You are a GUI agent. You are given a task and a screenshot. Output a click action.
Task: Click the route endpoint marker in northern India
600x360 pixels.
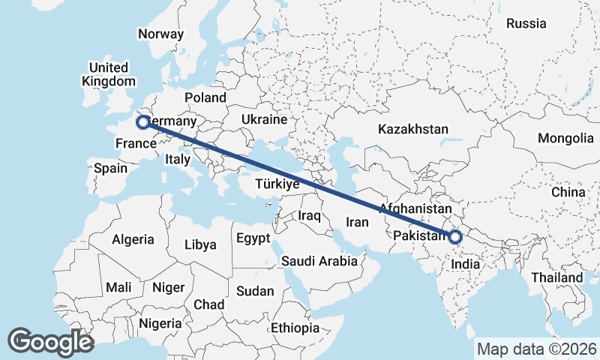coord(454,237)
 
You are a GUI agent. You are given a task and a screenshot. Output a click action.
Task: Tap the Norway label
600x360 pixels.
coord(160,34)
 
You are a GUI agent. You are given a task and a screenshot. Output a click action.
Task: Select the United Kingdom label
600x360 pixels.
coord(109,74)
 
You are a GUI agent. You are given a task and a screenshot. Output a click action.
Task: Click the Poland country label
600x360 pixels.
coord(205,97)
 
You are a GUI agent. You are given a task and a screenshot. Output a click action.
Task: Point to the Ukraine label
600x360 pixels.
coord(264,119)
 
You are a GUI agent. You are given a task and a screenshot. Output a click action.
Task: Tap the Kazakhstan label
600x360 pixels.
coord(412,129)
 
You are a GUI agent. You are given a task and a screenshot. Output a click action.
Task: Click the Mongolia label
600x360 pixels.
coord(565,138)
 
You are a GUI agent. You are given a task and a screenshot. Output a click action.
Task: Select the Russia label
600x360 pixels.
coord(526,23)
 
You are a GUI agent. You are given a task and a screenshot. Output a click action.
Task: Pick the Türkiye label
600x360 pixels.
coord(277,184)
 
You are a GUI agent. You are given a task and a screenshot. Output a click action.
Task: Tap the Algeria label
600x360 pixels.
coord(133,240)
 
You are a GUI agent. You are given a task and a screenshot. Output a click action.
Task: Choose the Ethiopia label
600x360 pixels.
coord(295,328)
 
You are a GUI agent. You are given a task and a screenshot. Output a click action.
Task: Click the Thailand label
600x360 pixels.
coord(558,277)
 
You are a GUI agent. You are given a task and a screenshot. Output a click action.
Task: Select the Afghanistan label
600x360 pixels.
coord(415,208)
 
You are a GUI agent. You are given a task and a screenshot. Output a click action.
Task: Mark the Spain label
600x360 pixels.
coord(110,168)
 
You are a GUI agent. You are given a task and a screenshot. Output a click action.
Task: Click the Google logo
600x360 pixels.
coord(50,341)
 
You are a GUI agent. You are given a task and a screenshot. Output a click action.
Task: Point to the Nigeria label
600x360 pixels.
coord(159,323)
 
